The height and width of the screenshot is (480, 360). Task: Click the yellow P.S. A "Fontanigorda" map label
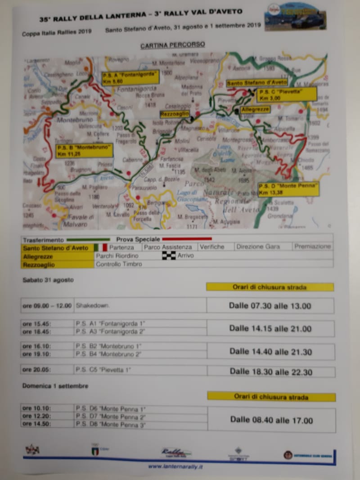(x=130, y=77)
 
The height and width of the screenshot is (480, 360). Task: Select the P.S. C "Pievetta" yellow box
(x=286, y=94)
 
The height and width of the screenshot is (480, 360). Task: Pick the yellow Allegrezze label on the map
(x=255, y=109)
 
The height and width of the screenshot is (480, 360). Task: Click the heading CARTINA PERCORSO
(x=172, y=45)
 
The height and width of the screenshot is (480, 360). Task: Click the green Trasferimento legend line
(x=88, y=240)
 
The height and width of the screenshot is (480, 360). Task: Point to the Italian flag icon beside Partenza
(x=101, y=247)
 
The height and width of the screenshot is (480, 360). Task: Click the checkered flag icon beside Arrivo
(x=168, y=256)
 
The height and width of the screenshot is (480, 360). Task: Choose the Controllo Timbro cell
(x=119, y=264)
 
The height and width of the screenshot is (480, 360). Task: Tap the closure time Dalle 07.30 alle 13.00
(x=270, y=306)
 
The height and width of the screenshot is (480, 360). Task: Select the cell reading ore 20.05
(x=47, y=370)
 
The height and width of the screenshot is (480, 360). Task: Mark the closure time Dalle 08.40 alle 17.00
(x=271, y=420)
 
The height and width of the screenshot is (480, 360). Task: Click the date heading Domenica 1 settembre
(x=55, y=386)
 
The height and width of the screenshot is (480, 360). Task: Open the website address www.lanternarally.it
(x=175, y=467)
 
